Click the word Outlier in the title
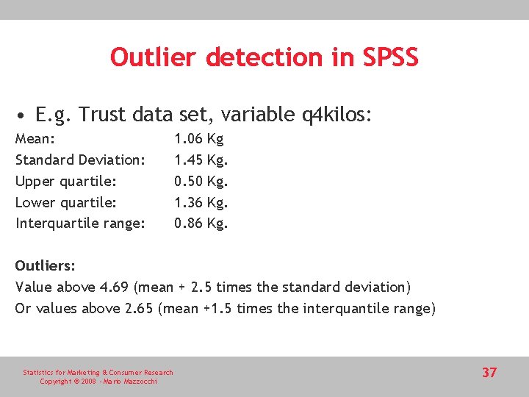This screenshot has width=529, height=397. point(154,57)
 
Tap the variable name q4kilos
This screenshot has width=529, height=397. point(337,115)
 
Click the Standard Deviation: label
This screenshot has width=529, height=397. point(80,160)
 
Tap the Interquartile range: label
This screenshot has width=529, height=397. point(80,223)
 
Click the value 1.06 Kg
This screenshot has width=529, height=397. point(198,138)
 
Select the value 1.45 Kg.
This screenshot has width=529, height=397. point(201,160)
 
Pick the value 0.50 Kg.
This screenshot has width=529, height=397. point(201,181)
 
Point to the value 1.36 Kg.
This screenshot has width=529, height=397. point(201,202)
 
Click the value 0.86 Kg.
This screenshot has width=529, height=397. point(201,223)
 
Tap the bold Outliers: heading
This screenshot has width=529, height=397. point(46,265)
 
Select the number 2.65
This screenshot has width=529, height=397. point(137,309)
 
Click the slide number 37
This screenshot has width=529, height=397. point(489,373)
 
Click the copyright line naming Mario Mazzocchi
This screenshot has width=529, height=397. point(98,382)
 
